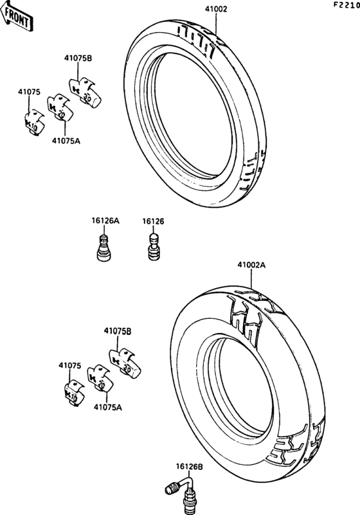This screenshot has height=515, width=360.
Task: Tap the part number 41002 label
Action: coord(216,9)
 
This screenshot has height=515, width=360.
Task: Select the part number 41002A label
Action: coord(251,265)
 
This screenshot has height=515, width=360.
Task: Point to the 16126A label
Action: coord(105,221)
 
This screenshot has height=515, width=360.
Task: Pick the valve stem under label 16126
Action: coord(154,247)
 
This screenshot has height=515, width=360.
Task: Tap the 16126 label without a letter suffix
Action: coord(153,221)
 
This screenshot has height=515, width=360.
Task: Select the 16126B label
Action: coord(190,466)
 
